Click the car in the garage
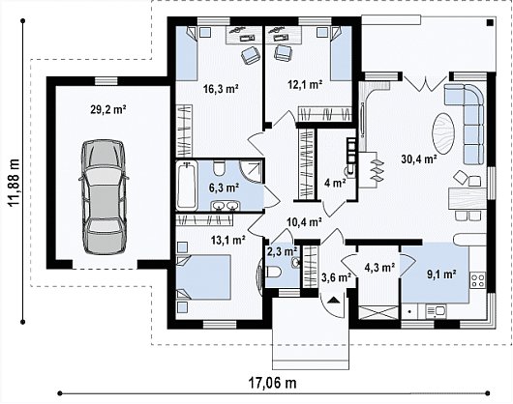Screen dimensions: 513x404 pyautogui.click(x=104, y=197)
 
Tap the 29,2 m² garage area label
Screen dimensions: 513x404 pyautogui.click(x=108, y=109)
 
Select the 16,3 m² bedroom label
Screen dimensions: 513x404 pyautogui.click(x=221, y=89)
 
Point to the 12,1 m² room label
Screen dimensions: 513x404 pyautogui.click(x=305, y=85)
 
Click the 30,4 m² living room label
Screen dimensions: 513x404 pyautogui.click(x=419, y=159)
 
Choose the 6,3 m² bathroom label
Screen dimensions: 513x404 pyautogui.click(x=224, y=188)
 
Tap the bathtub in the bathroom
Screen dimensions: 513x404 pyautogui.click(x=187, y=186)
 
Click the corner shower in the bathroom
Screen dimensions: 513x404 pyautogui.click(x=251, y=172)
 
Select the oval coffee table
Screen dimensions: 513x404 pyautogui.click(x=444, y=133)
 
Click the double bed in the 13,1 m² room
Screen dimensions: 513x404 pyautogui.click(x=203, y=277)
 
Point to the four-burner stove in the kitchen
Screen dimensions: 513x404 pyautogui.click(x=478, y=280)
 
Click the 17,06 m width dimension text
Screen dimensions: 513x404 pyautogui.click(x=273, y=383)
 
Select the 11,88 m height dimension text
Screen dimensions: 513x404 pyautogui.click(x=14, y=183)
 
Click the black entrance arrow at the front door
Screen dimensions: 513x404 pyautogui.click(x=333, y=300)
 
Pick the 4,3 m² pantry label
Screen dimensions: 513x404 pyautogui.click(x=379, y=268)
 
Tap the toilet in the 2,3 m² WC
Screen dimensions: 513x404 pyautogui.click(x=273, y=272)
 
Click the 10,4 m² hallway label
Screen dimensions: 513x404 pyautogui.click(x=304, y=222)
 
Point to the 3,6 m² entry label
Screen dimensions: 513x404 pyautogui.click(x=337, y=277)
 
